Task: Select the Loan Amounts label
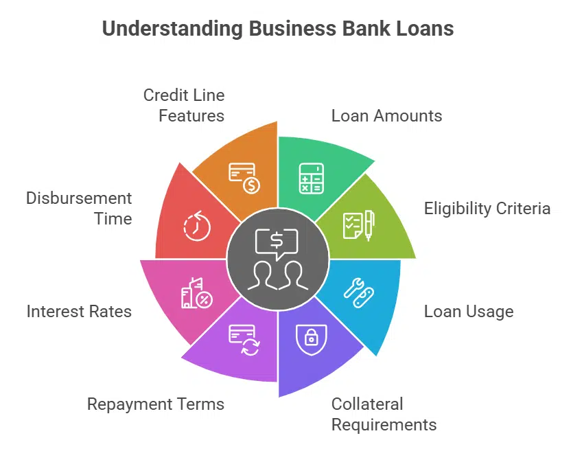click(386, 115)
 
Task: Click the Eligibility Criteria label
click(487, 209)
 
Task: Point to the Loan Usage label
click(468, 312)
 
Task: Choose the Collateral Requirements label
click(384, 414)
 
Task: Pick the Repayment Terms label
click(156, 404)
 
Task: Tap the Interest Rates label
click(79, 312)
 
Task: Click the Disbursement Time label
click(79, 209)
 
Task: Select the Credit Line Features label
click(184, 105)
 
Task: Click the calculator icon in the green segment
click(311, 178)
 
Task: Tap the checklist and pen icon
click(358, 224)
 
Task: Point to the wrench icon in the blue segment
click(358, 292)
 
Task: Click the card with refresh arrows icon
click(244, 339)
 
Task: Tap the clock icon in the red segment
click(196, 226)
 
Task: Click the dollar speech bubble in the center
click(277, 241)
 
